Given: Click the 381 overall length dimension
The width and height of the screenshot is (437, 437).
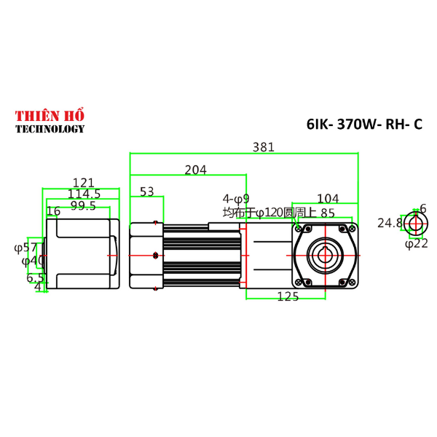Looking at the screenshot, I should (263, 146).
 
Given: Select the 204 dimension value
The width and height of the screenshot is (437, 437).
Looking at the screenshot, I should (195, 170).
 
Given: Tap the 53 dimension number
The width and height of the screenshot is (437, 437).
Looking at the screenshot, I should (147, 192).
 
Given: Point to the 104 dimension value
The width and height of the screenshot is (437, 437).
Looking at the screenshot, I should (328, 198).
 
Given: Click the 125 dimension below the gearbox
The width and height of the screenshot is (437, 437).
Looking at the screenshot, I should (288, 296).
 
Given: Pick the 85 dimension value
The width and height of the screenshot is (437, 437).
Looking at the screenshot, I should (328, 213).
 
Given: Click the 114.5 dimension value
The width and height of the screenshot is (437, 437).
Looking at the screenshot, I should (84, 194).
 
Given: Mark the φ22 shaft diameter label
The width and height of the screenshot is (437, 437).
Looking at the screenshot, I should (416, 243).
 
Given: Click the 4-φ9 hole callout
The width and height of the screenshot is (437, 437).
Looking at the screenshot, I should (236, 198).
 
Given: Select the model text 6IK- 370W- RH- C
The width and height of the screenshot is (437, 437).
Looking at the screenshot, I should (364, 125).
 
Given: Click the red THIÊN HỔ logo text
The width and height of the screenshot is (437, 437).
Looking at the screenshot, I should (50, 117).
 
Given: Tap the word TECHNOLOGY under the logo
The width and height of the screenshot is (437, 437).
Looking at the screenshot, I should (50, 130).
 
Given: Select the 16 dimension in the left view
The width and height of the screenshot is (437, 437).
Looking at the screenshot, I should (53, 211).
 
